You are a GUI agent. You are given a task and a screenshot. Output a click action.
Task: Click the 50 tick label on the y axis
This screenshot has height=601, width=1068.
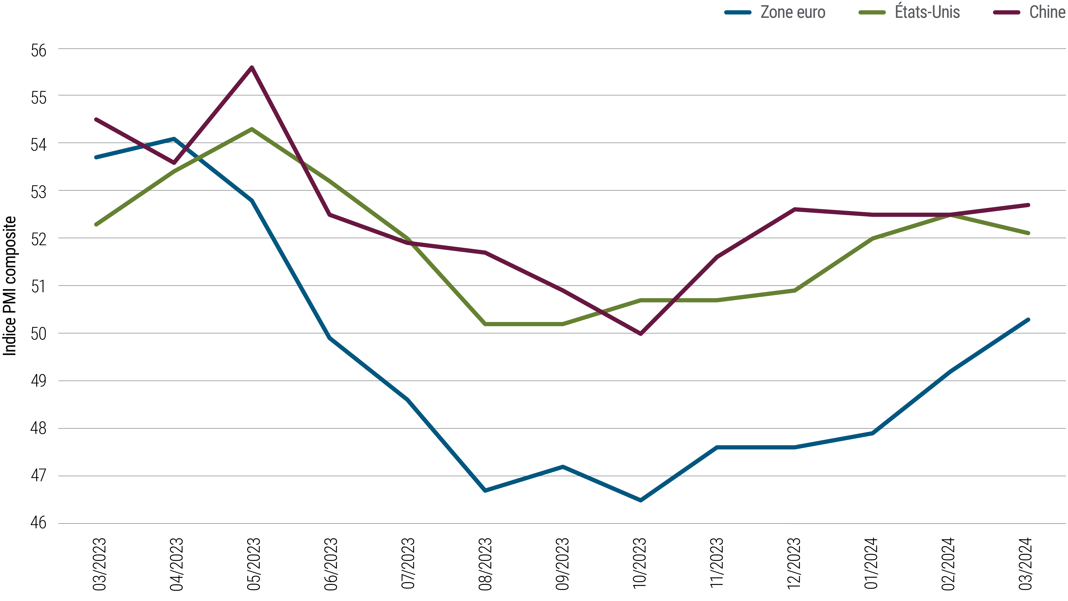tap(39, 334)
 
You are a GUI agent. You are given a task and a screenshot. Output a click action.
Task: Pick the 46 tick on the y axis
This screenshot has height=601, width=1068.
tap(39, 523)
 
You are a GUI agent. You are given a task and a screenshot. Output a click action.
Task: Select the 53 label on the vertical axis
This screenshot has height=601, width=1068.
tap(39, 192)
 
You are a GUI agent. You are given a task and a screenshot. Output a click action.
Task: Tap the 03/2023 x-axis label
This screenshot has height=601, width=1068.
tap(100, 564)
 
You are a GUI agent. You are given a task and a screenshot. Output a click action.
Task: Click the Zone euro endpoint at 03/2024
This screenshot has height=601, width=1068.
tap(1028, 319)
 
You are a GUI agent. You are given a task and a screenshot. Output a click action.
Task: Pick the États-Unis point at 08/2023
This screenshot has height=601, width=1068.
tap(485, 324)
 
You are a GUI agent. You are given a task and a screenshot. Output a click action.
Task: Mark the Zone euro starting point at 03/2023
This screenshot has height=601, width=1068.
tap(96, 157)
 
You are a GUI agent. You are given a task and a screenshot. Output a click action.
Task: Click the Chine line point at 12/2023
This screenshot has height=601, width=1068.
tap(794, 210)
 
